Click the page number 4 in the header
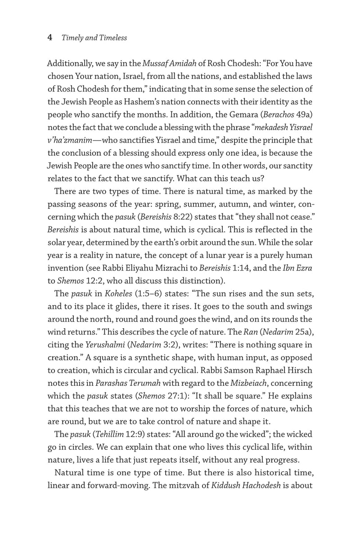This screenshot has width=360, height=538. (x=50, y=38)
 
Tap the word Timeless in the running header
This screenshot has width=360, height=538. (x=112, y=38)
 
